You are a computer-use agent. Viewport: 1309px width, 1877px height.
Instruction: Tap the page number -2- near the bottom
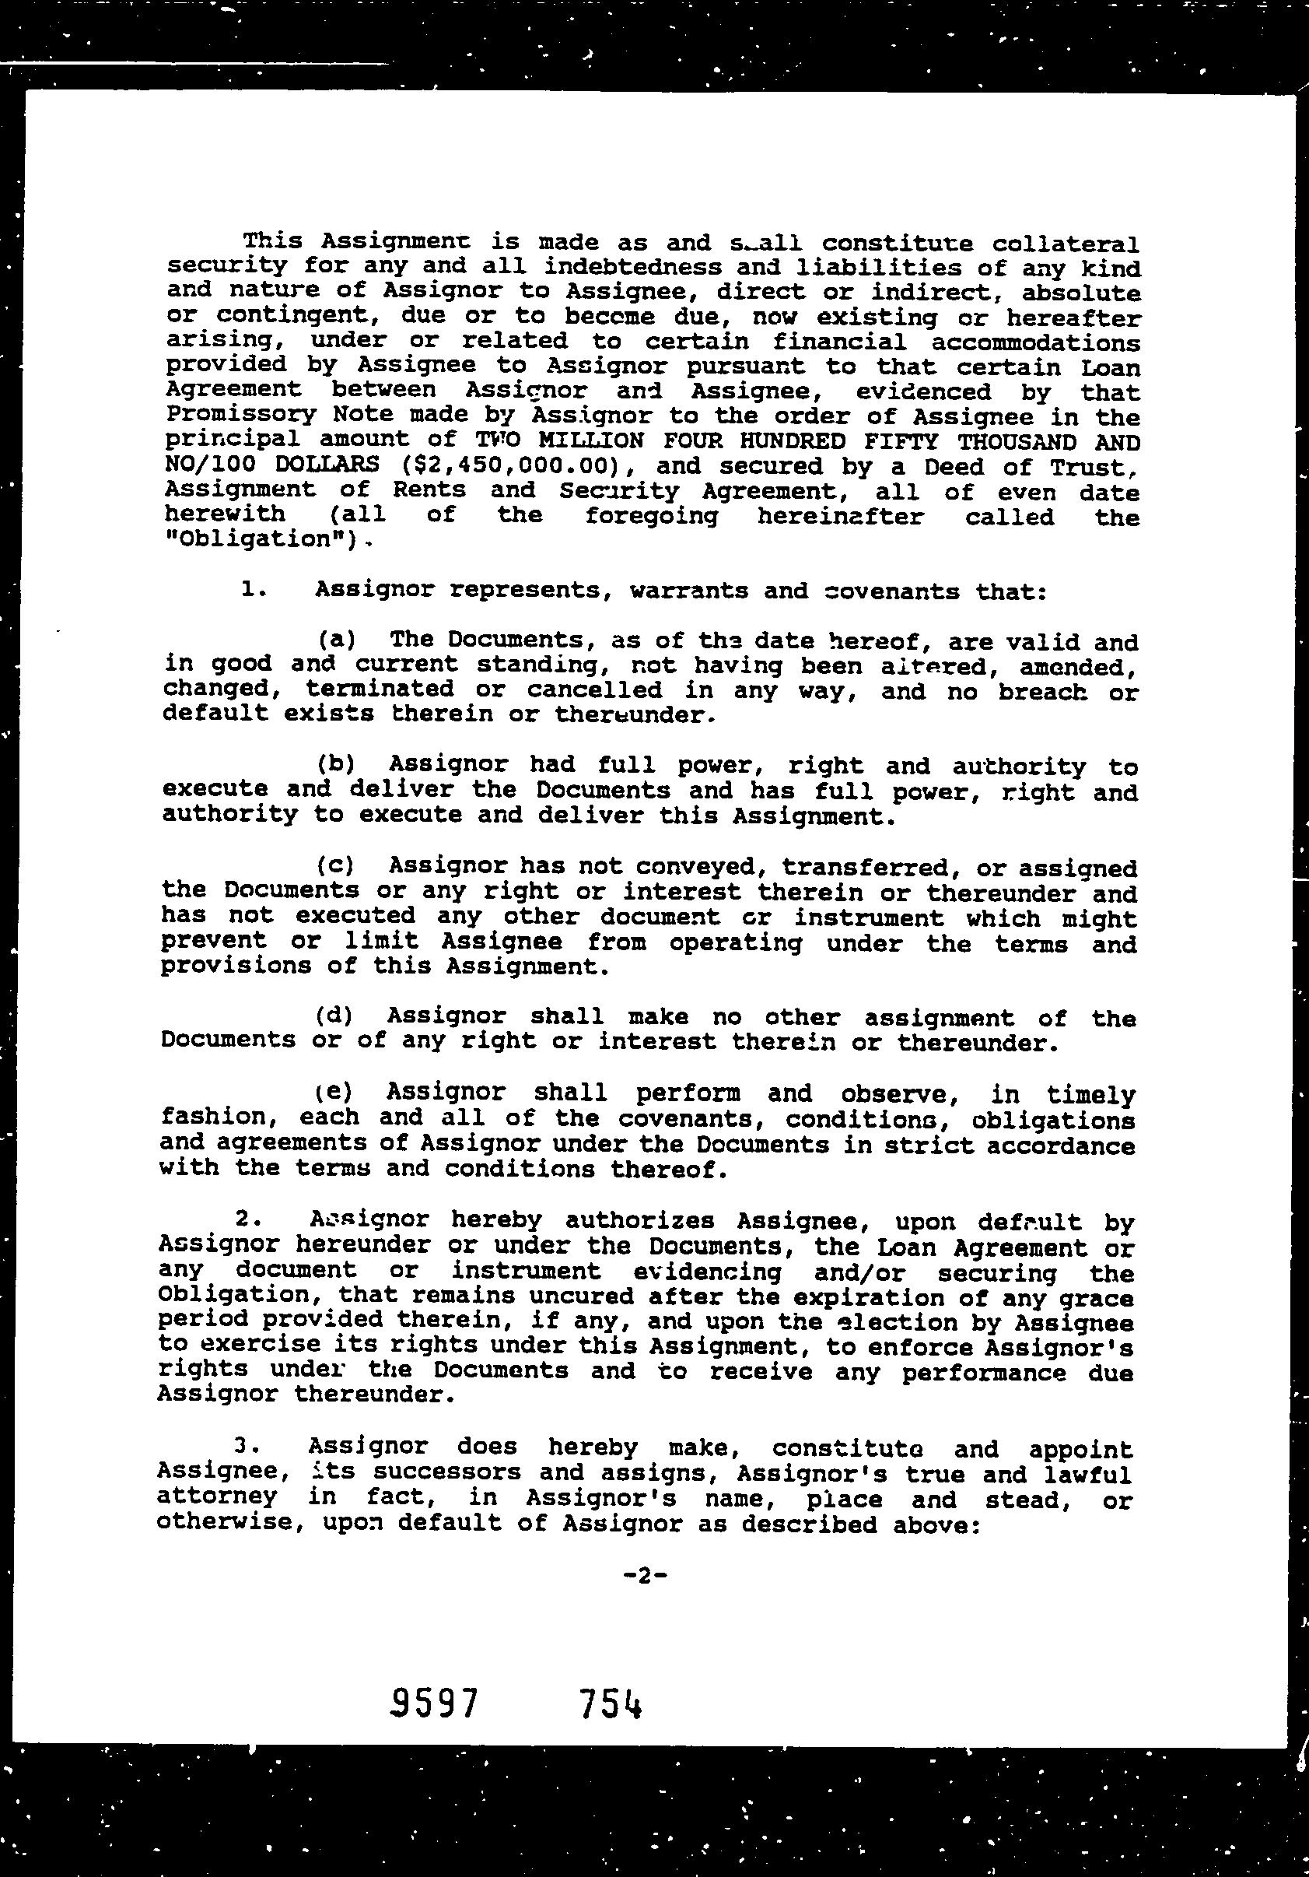646,1574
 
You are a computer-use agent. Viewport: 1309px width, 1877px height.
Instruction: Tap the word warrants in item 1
689,590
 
